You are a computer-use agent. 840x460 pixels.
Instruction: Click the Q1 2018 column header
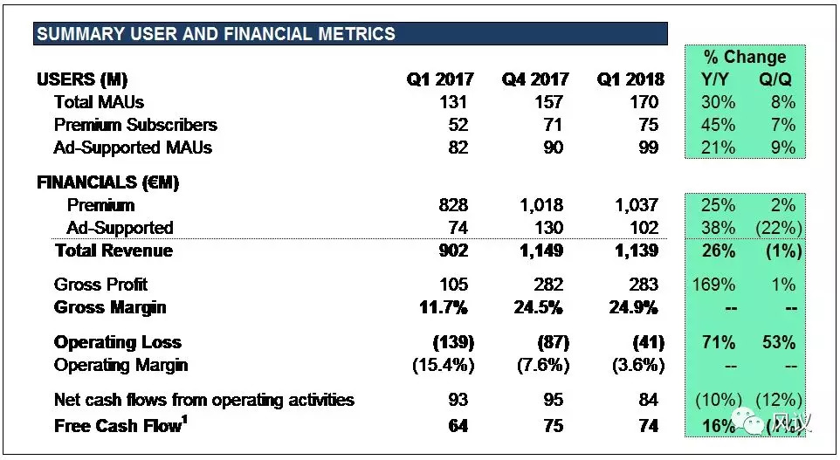630,79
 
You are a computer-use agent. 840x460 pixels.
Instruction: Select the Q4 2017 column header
534,79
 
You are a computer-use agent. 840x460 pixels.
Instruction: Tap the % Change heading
745,58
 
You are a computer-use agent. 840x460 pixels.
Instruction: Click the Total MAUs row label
99,102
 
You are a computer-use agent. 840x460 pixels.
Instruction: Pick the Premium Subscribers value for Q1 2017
455,125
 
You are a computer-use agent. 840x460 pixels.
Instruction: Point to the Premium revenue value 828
454,205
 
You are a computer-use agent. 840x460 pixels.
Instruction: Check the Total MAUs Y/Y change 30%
717,102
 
